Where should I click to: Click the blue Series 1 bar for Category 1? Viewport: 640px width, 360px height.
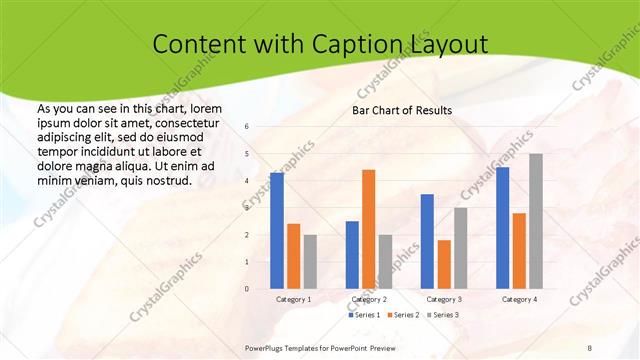(x=277, y=231)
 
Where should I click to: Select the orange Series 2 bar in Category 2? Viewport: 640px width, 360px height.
(x=368, y=229)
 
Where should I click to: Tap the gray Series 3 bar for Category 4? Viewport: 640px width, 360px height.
(x=536, y=221)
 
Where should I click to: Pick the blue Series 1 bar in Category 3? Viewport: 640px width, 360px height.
(x=427, y=241)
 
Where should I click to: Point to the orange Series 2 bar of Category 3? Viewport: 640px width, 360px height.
(x=444, y=264)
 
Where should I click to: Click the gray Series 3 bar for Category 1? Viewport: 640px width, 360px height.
(x=310, y=261)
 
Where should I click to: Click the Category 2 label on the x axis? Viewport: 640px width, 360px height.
(x=369, y=299)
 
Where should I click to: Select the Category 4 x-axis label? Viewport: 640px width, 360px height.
(x=519, y=299)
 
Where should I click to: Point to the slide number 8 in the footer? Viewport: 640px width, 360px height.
(x=590, y=347)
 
